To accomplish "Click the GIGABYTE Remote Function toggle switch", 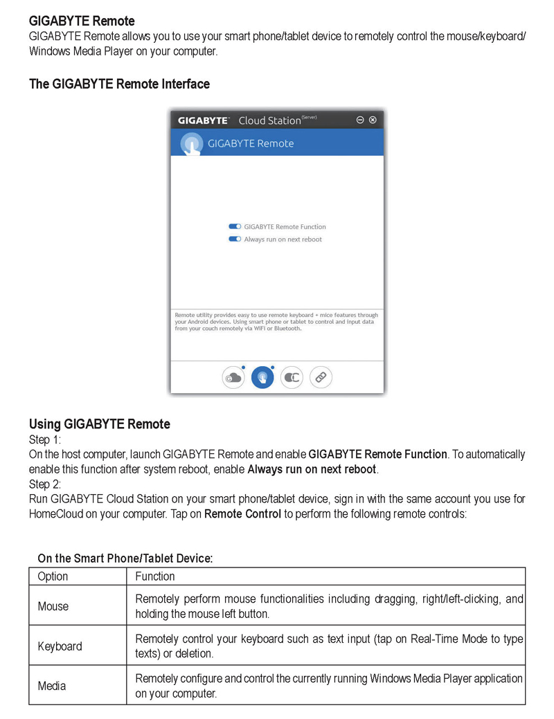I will click(x=235, y=226).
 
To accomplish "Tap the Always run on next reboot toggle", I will click(x=235, y=239).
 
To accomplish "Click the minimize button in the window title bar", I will click(x=360, y=120).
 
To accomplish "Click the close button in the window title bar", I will click(x=373, y=120).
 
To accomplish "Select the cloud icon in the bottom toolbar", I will click(x=233, y=377).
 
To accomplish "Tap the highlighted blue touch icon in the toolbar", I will click(x=262, y=377).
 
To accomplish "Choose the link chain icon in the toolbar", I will click(x=321, y=377).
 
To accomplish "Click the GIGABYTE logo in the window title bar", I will click(x=203, y=120).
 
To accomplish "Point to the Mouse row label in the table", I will click(x=53, y=606).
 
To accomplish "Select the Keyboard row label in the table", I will click(x=60, y=646).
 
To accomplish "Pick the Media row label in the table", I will click(x=52, y=686).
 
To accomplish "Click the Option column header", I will click(x=53, y=576).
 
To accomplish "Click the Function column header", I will click(x=155, y=576).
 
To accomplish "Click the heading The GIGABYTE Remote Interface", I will click(x=119, y=84).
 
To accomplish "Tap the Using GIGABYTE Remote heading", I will click(x=99, y=424).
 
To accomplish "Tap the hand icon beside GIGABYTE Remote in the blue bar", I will click(x=191, y=144).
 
